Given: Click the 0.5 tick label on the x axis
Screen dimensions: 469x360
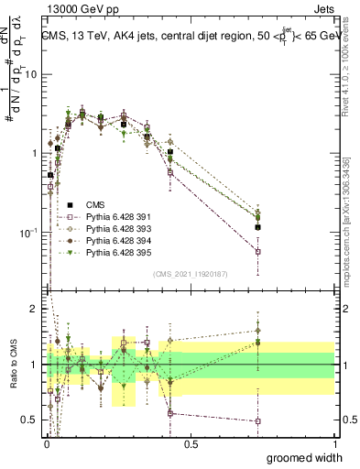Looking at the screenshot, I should click(x=191, y=443).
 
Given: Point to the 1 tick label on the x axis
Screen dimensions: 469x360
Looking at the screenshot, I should click(x=334, y=443).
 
